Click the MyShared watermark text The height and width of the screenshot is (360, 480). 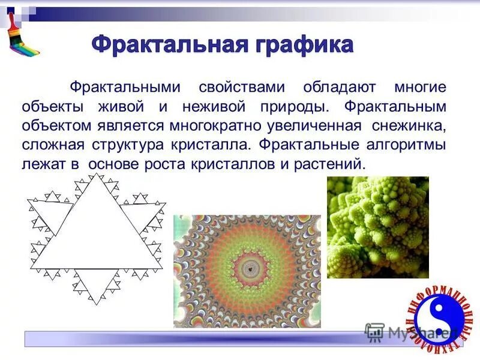(414, 332)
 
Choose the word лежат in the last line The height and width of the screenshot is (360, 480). (50, 164)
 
